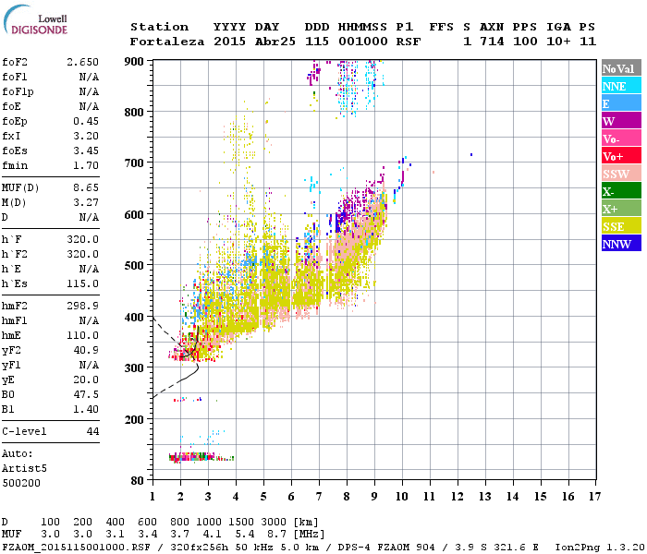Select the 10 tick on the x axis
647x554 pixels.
[402, 496]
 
